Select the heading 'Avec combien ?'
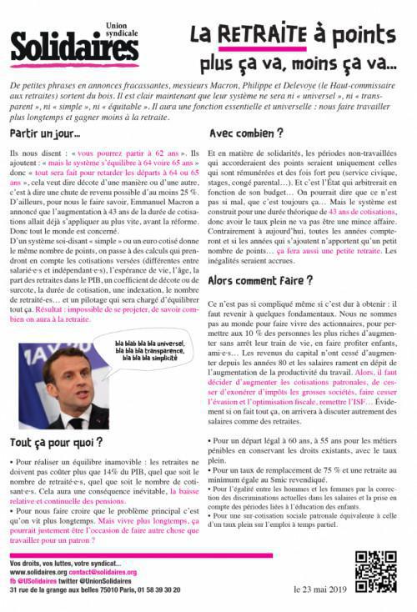pos(246,132)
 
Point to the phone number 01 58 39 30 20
pos(155,589)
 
